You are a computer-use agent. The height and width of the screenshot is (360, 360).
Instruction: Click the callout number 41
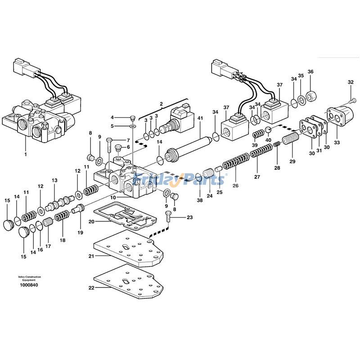point(200,118)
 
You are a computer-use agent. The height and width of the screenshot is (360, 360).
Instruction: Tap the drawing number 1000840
point(29,285)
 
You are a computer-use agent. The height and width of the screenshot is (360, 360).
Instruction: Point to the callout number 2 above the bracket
point(161,104)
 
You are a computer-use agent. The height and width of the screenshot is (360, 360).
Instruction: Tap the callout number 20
point(91,221)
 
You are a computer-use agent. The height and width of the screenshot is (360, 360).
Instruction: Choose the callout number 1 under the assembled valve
point(26,154)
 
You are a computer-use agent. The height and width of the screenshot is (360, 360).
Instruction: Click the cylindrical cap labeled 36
point(311,95)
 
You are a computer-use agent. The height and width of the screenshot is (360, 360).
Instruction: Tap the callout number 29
point(292,161)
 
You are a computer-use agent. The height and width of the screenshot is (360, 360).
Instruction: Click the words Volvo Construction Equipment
point(29,278)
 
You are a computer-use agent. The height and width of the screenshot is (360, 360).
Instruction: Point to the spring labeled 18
point(62,220)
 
